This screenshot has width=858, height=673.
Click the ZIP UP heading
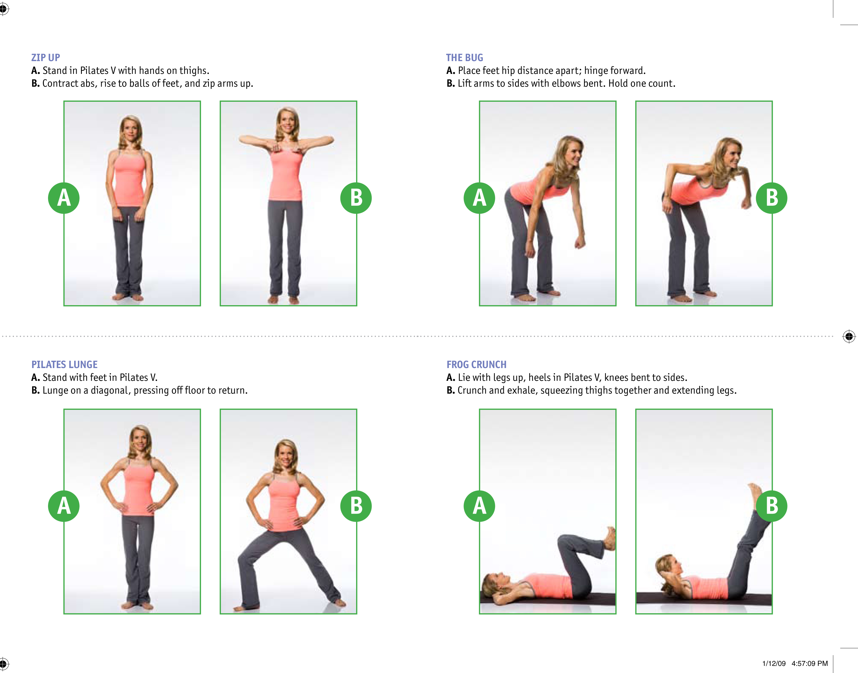click(x=46, y=57)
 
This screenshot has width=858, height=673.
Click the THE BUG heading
click(x=464, y=57)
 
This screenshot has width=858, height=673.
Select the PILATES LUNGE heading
click(x=65, y=364)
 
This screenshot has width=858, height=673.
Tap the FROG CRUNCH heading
click(x=476, y=364)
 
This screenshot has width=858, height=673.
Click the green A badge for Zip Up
click(x=64, y=198)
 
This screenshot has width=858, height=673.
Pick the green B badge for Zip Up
click(x=356, y=198)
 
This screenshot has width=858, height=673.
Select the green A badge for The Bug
click(x=479, y=198)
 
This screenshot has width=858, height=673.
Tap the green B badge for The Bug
click(x=772, y=198)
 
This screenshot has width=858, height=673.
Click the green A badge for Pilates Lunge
click(x=64, y=506)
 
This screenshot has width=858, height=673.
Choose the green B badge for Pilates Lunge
click(x=356, y=506)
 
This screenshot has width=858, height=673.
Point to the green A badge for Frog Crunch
click(x=479, y=506)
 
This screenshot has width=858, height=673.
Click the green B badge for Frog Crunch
click(x=772, y=506)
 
